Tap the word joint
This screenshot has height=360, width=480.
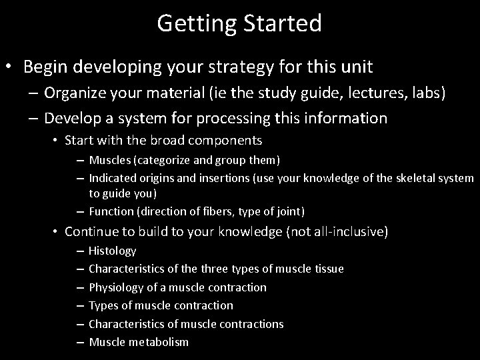click(287, 212)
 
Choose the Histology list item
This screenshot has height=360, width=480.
click(112, 251)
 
